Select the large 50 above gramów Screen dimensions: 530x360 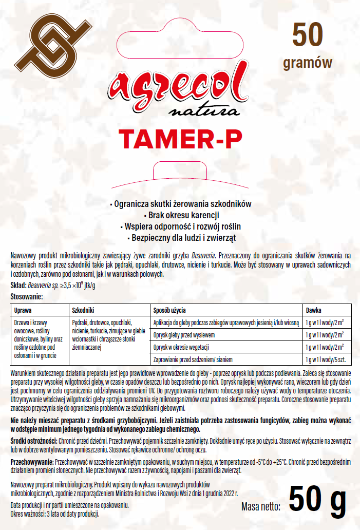click(x=308, y=36)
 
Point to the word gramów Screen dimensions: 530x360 click(x=308, y=63)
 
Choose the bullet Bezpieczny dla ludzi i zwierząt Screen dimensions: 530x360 click(x=180, y=238)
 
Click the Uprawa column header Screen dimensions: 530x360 click(x=24, y=310)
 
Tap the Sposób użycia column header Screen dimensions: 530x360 click(x=170, y=310)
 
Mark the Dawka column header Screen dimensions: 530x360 click(x=314, y=310)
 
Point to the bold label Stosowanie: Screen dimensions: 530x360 click(x=27, y=297)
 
